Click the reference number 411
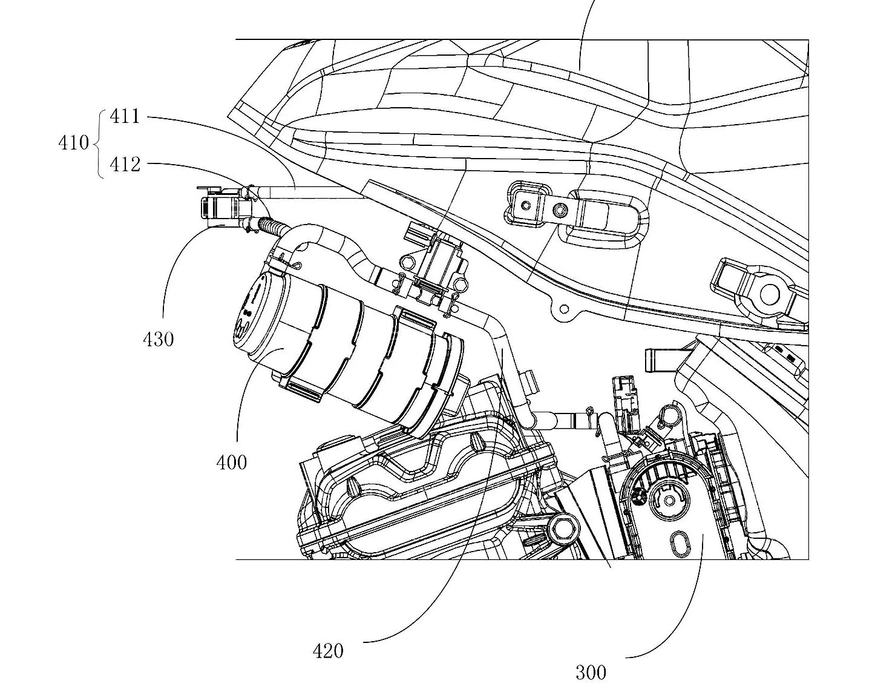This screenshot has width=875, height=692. coord(125,117)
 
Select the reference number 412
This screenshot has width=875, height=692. coord(125,165)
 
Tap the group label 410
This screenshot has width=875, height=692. coord(74,143)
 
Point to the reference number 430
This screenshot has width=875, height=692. coord(159,339)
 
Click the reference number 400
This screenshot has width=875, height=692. coord(232,463)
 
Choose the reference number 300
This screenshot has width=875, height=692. coord(591,672)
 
